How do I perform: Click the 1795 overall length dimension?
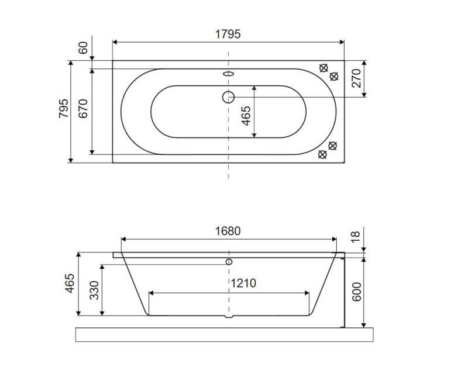(228, 34)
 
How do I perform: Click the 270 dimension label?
(356, 78)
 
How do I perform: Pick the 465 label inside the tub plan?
(246, 115)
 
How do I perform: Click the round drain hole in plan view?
(228, 96)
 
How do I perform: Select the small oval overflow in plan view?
(228, 74)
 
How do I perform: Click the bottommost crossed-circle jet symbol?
(321, 154)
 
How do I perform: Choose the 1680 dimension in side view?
(228, 231)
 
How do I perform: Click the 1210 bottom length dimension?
(242, 283)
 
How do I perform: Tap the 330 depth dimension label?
(94, 290)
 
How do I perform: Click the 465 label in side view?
(69, 285)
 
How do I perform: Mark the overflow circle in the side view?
(229, 261)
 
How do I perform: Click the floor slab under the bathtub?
(224, 335)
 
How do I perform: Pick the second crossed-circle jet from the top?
(335, 76)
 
